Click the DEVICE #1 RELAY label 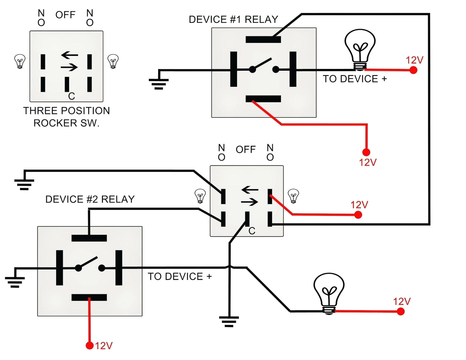(233, 19)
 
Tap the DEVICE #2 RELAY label (90, 199)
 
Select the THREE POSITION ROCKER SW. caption (66, 117)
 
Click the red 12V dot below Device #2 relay (90, 346)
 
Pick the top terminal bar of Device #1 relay (263, 39)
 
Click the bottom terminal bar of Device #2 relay (89, 297)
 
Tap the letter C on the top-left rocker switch (71, 96)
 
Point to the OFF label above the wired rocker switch (246, 150)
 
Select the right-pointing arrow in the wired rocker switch (249, 202)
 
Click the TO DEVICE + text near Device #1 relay (355, 79)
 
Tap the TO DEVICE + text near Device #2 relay (180, 276)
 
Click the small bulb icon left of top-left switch (20, 61)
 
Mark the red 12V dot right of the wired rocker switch (358, 215)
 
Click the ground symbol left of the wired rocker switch (24, 185)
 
